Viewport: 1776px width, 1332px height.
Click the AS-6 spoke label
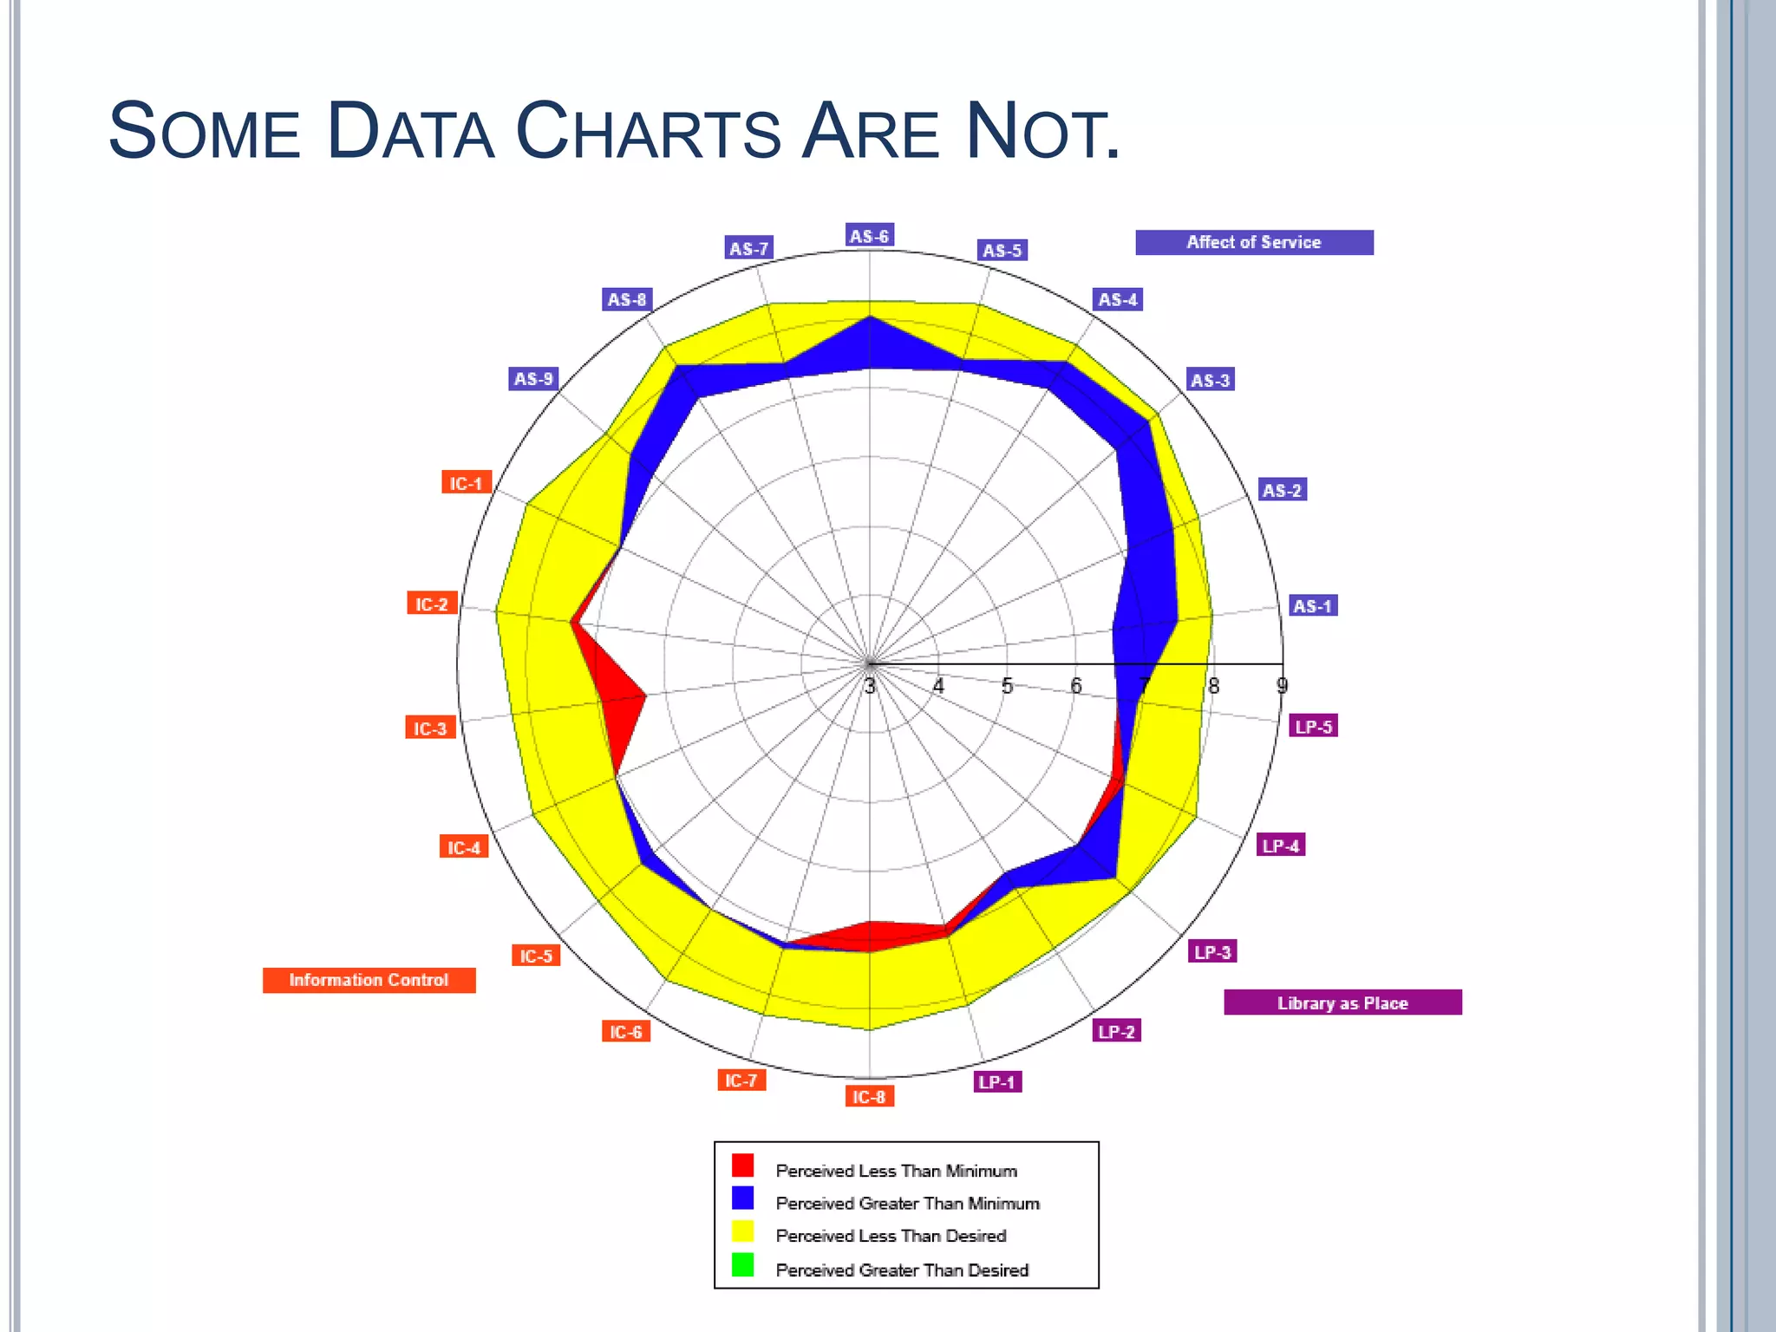tap(869, 236)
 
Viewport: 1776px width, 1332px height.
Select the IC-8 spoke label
tap(869, 1097)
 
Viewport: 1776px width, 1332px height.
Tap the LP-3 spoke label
tap(1212, 952)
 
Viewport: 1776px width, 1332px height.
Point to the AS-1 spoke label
tap(1313, 606)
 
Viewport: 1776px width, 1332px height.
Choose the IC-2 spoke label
tap(432, 604)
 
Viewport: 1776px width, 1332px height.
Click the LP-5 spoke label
tap(1314, 727)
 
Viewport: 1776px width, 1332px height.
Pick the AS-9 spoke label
tap(533, 379)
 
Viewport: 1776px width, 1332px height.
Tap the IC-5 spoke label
tap(536, 956)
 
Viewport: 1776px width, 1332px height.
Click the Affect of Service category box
tap(1254, 243)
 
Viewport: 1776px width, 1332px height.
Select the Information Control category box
tap(369, 980)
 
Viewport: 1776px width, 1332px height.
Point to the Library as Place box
tap(1342, 1003)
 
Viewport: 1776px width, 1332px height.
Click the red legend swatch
tap(743, 1165)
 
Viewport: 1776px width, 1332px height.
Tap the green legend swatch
tap(743, 1265)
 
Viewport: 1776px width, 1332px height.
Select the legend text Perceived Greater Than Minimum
tap(907, 1204)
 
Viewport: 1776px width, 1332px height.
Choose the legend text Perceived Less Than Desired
tap(891, 1236)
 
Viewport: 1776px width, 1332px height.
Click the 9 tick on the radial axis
tap(1282, 686)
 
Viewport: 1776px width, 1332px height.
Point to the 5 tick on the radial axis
tap(1007, 686)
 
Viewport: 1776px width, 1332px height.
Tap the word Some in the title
tap(204, 132)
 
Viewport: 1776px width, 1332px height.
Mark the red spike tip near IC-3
tap(646, 695)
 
